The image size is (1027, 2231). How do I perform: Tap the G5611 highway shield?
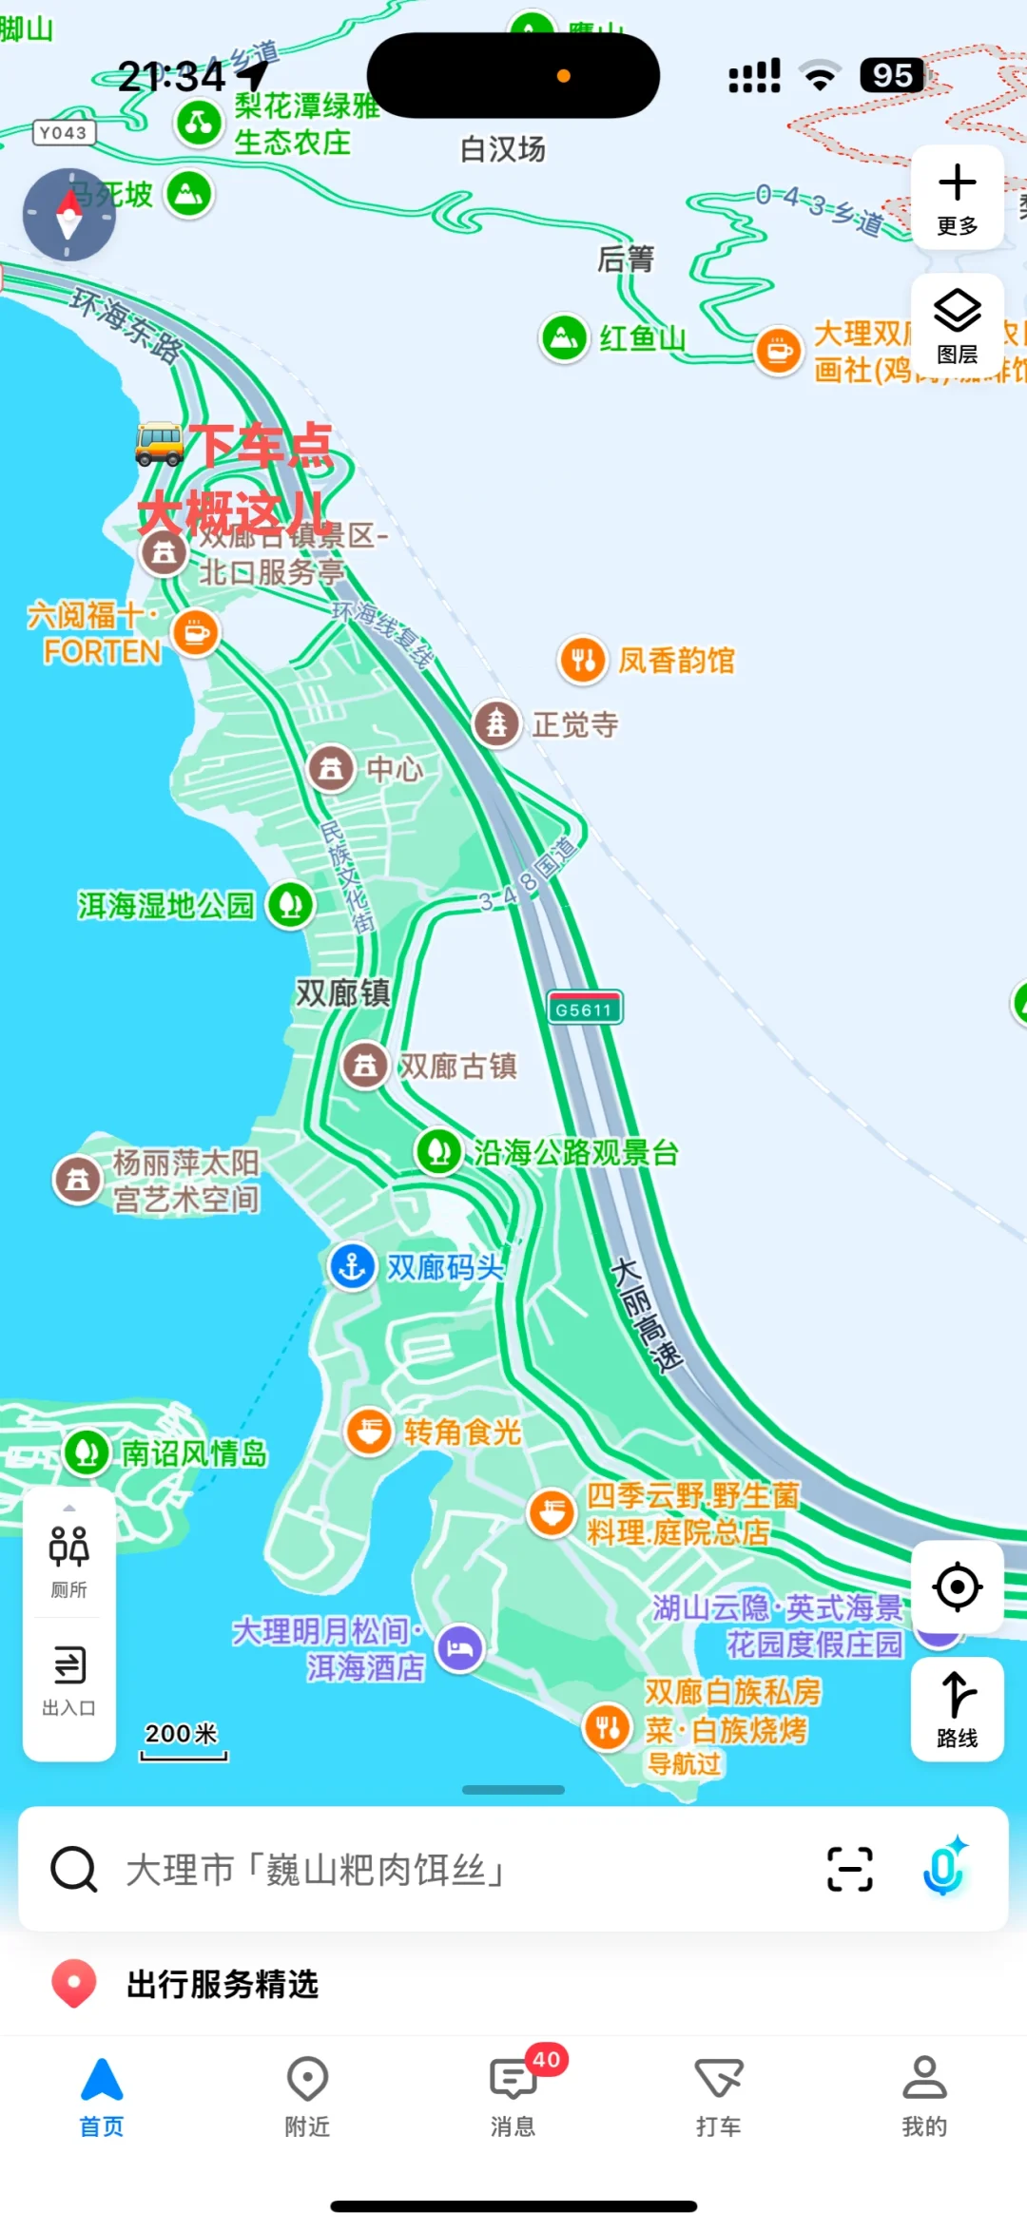point(584,1009)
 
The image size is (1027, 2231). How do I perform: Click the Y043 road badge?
point(64,133)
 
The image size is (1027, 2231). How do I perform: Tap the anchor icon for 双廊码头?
point(352,1266)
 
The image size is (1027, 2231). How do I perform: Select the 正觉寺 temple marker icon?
point(496,724)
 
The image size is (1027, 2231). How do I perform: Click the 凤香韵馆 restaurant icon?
point(583,660)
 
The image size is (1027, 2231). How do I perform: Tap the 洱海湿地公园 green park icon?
point(290,905)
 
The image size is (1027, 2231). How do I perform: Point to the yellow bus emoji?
point(159,444)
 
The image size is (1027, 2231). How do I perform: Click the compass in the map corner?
point(68,215)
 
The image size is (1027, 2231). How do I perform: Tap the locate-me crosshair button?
point(957,1587)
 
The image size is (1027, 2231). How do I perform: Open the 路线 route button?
point(957,1708)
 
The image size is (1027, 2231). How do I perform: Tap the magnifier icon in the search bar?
point(73,1869)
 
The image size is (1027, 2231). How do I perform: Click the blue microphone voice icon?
point(944,1868)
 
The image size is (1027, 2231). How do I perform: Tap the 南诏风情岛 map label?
point(194,1453)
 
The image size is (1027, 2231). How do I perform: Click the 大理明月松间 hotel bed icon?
point(460,1648)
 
